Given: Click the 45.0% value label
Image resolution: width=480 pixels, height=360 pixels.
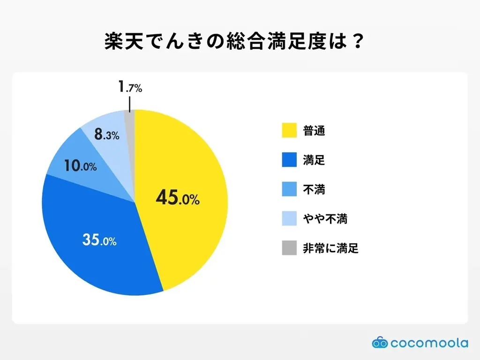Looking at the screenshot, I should (178, 198).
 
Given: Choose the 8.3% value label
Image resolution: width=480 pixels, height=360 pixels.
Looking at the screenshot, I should (106, 135).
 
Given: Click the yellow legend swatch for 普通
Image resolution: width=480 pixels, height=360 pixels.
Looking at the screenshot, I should (289, 131).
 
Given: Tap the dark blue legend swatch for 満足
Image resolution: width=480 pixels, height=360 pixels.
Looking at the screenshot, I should (289, 160).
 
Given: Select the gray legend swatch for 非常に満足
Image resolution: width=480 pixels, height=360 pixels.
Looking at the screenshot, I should (289, 248).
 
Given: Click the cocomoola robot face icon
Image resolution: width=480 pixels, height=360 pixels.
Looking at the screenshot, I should (380, 343).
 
